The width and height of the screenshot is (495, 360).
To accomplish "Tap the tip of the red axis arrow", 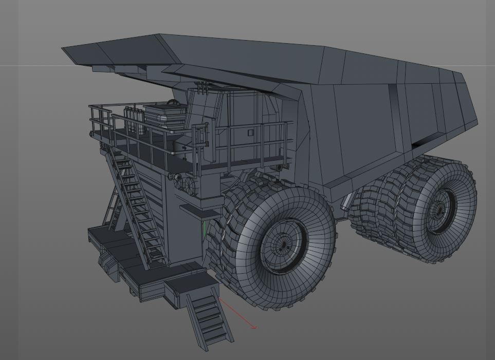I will [x=255, y=327].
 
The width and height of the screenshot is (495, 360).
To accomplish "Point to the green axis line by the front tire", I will [x=205, y=230].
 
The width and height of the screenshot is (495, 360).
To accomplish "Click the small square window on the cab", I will [x=250, y=133].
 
